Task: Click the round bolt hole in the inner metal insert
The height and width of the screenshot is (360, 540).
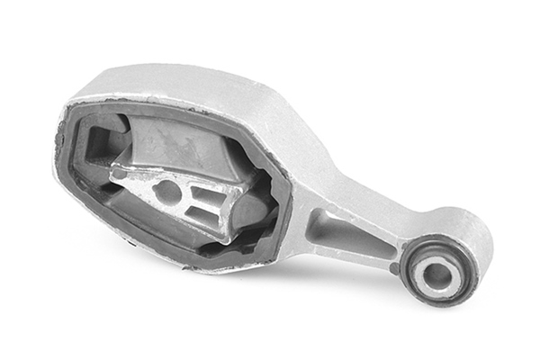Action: (x=167, y=190)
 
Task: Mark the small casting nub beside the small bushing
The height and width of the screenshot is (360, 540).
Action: (x=394, y=267)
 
